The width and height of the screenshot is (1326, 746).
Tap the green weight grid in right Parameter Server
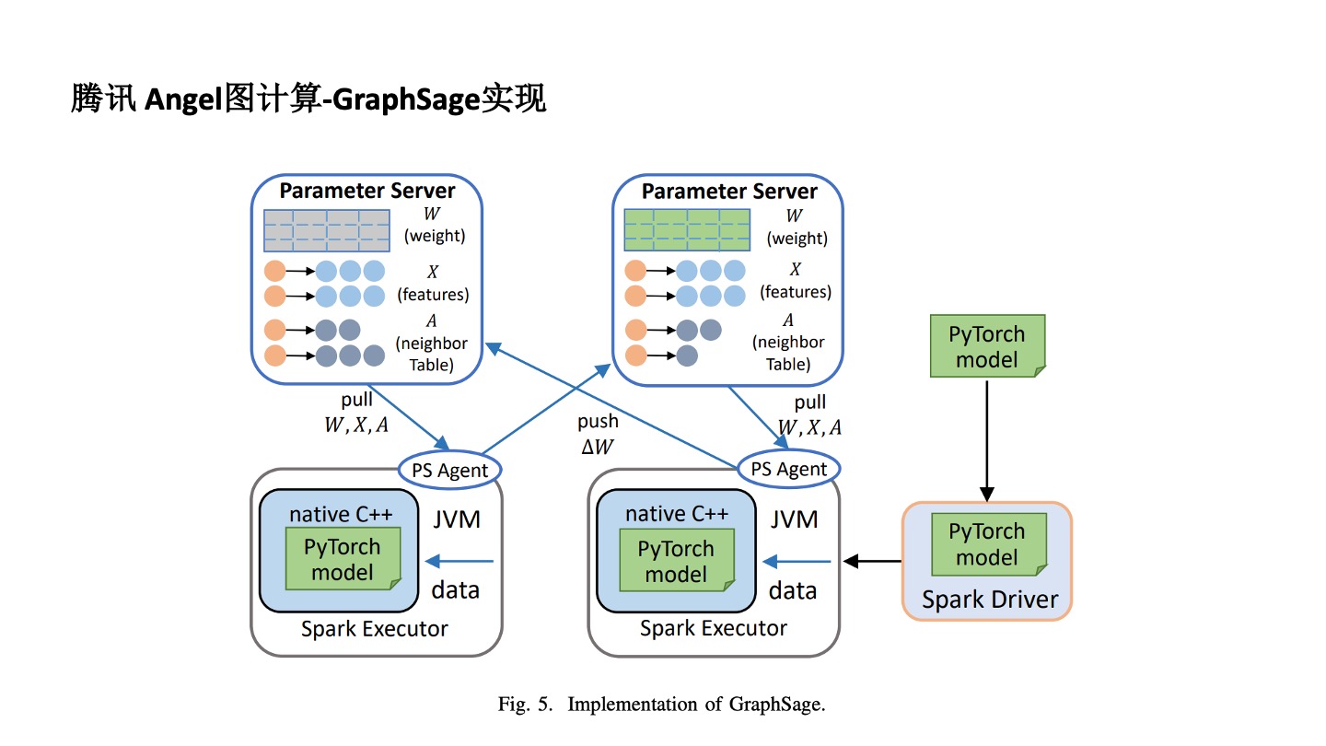click(x=687, y=230)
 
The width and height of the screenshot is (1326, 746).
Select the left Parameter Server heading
click(x=367, y=191)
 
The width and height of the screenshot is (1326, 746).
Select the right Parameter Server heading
click(x=729, y=192)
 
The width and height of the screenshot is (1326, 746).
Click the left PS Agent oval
click(x=449, y=471)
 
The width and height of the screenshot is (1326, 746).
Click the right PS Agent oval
click(x=788, y=469)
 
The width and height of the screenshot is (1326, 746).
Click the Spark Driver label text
click(x=990, y=600)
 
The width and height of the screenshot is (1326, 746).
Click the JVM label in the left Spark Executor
click(x=457, y=519)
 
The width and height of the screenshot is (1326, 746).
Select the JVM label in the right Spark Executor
click(x=794, y=519)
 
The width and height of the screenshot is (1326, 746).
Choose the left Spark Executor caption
click(x=375, y=629)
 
